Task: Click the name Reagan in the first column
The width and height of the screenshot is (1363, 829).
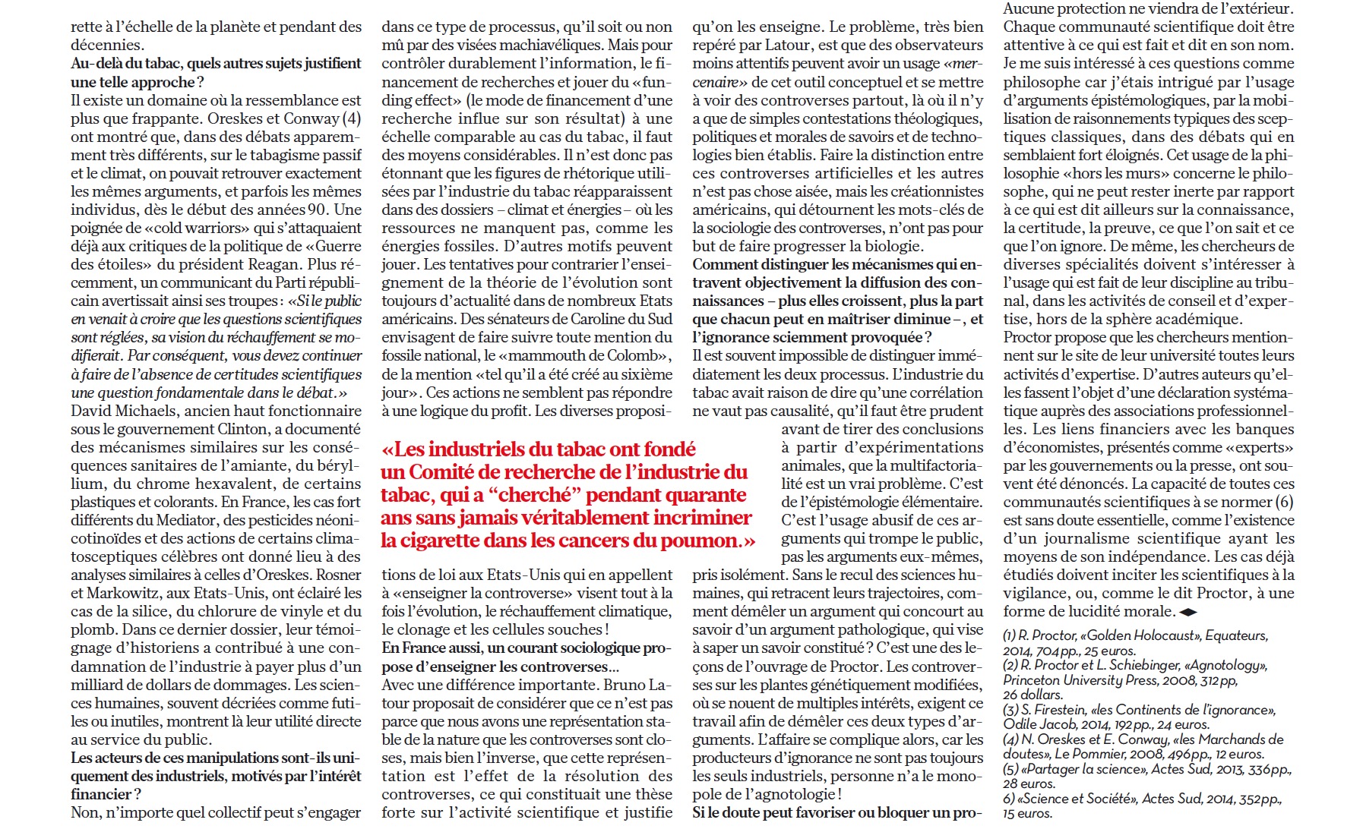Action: [x=275, y=264]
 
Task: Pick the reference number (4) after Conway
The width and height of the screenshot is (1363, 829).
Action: [x=351, y=118]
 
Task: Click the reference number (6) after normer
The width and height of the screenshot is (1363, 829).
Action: [x=1284, y=502]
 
